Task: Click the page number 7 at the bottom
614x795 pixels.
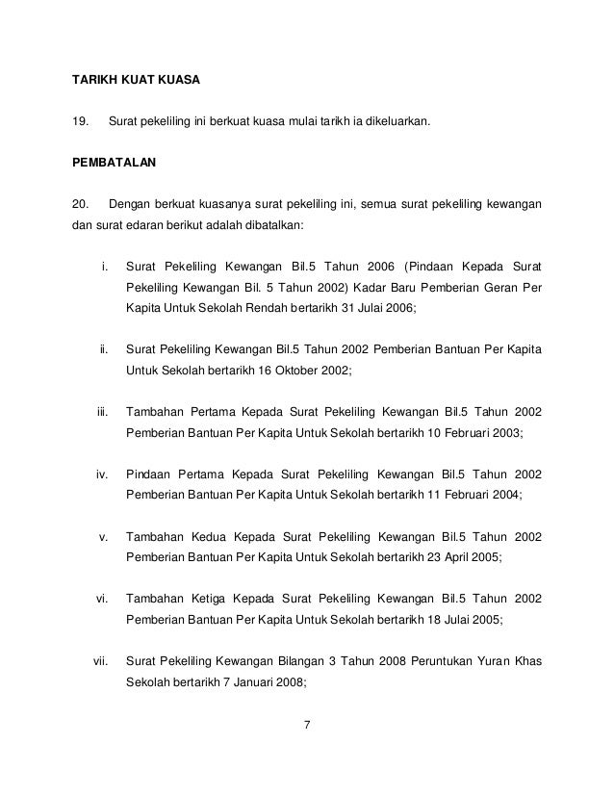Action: [x=306, y=725]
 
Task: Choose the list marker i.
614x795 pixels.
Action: [x=105, y=266]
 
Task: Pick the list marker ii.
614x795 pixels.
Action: [x=104, y=348]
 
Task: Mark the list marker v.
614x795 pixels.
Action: [x=104, y=536]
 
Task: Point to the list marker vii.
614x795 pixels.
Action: [x=100, y=661]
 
